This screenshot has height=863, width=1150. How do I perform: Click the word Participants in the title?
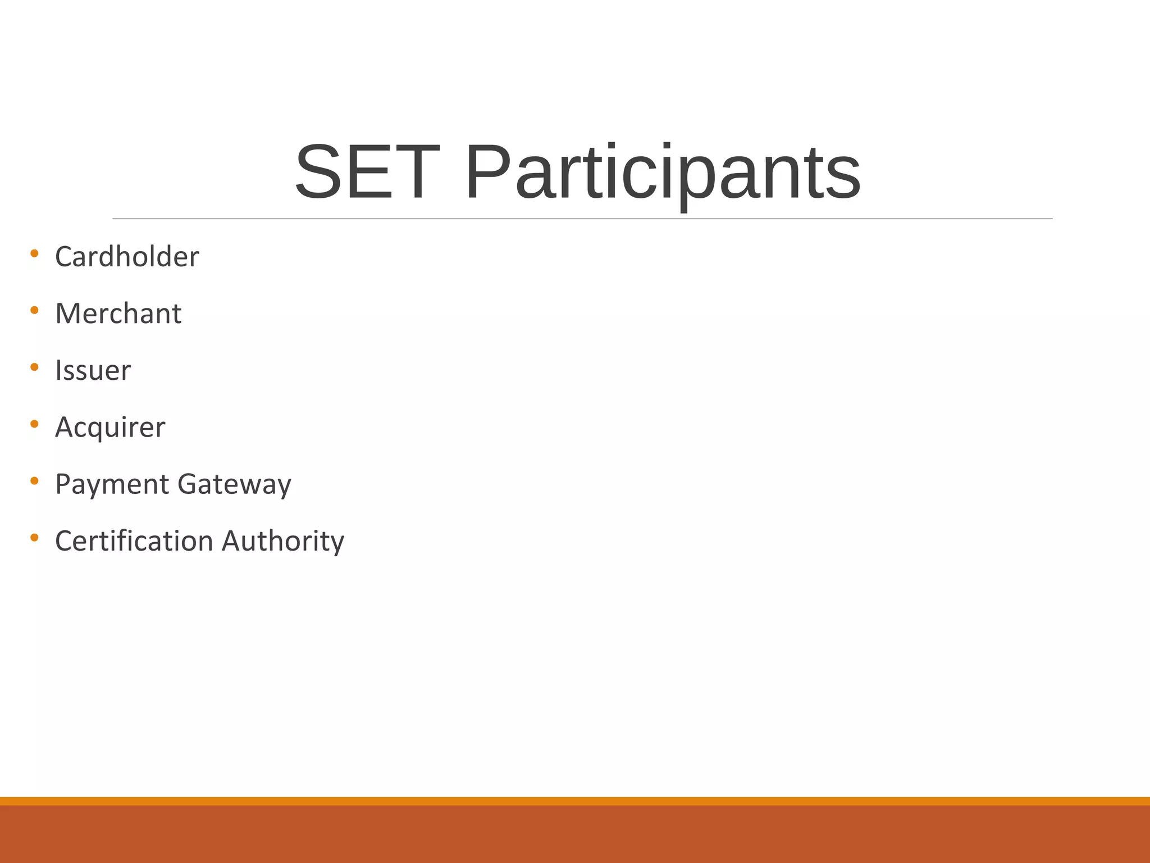coord(663,173)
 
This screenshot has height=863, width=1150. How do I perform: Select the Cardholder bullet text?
coord(127,257)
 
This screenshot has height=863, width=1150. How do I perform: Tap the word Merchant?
coord(118,314)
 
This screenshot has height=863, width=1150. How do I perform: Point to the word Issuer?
coord(93,371)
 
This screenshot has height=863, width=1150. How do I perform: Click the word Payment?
coord(112,485)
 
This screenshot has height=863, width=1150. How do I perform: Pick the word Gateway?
coord(234,485)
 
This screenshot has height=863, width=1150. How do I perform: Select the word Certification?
coord(134,541)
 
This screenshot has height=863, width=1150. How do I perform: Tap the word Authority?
coord(283,542)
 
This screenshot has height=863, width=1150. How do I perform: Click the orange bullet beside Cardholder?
coord(34,253)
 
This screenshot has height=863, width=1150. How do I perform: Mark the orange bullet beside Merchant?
coord(34,310)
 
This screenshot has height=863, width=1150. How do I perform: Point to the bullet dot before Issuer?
coord(34,367)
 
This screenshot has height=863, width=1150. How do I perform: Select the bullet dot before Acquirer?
coord(34,424)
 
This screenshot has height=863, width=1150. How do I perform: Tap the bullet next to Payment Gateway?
coord(34,481)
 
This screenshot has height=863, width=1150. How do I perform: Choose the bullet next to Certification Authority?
coord(34,538)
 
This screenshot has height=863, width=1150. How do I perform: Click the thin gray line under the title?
coord(582,219)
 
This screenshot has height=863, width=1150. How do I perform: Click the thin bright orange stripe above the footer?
coord(575,801)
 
